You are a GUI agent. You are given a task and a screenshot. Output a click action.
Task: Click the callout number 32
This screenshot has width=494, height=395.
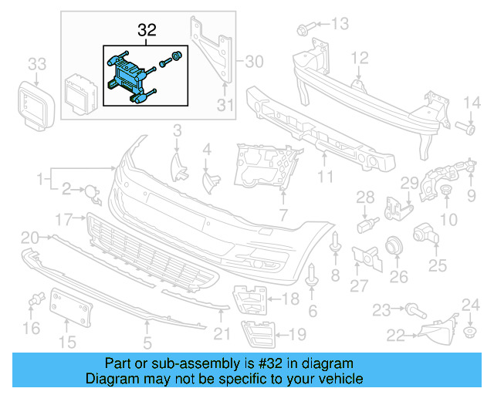click(147, 31)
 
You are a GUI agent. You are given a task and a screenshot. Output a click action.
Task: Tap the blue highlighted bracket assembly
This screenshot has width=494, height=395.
click(128, 75)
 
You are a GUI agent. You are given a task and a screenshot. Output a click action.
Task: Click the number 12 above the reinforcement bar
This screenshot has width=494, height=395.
click(360, 58)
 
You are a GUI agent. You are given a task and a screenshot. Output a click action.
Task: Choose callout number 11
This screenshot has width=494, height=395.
click(325, 177)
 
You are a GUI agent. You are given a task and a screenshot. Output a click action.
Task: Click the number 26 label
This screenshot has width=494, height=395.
click(398, 275)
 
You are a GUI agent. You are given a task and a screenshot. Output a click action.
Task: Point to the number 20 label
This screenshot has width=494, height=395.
click(30, 237)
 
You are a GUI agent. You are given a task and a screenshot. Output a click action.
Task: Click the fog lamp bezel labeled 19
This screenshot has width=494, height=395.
click(255, 333)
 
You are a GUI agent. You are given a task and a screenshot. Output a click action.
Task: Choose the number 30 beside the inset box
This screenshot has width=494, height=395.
click(254, 59)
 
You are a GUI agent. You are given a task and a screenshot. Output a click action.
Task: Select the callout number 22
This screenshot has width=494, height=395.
click(395, 336)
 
